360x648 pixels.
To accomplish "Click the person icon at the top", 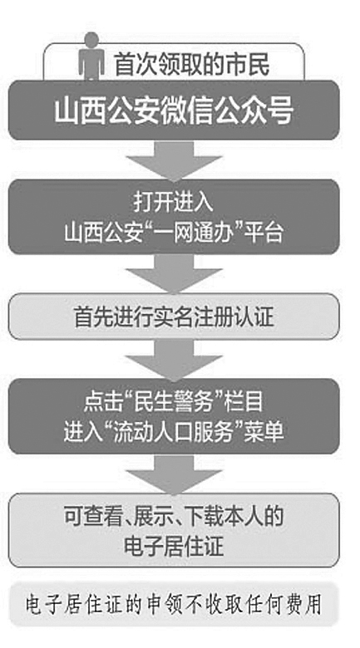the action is (91, 56).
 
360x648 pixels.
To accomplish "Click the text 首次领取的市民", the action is (192, 65).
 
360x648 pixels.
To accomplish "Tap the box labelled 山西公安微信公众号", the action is (174, 110).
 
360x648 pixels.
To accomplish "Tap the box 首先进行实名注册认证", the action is (174, 317).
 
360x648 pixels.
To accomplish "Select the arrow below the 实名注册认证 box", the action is (174, 360).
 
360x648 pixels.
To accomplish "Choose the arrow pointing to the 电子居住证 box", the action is (174, 474).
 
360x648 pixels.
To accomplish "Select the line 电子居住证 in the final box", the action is (174, 547).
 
